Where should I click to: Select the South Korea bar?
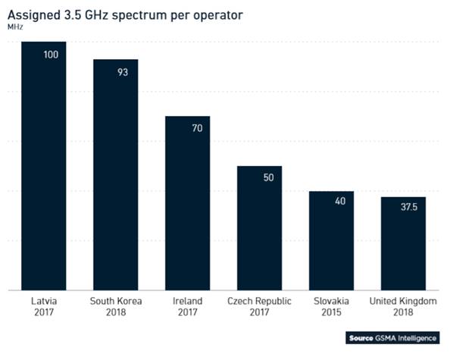115,174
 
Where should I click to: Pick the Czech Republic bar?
259,227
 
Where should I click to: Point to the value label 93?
123,72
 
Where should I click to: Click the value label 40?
339,202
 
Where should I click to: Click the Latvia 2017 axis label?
43,307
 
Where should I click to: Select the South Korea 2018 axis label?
115,307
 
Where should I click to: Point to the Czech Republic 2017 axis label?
259,307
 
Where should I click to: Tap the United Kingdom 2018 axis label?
403,307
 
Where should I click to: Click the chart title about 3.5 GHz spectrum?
125,14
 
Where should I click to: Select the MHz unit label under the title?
15,27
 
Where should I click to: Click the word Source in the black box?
361,338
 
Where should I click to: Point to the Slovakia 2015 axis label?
331,307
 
